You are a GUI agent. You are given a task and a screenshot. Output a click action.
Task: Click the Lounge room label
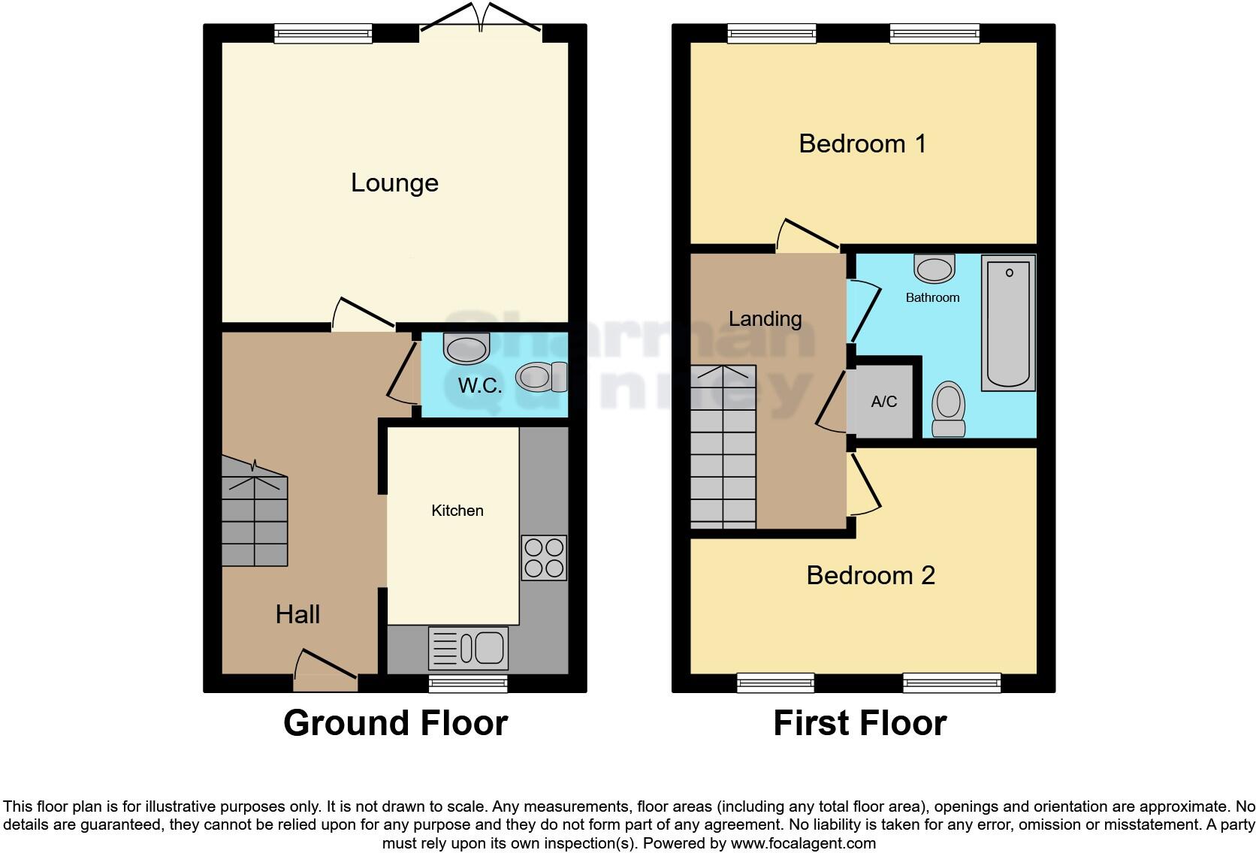[x=394, y=183]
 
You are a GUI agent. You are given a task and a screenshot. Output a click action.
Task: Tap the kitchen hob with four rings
[x=544, y=557]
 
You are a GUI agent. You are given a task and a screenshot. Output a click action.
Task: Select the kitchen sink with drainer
[x=468, y=648]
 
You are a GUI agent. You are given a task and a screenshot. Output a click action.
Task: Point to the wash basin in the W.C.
[x=466, y=348]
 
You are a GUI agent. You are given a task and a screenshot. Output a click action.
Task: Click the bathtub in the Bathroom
[x=1009, y=322]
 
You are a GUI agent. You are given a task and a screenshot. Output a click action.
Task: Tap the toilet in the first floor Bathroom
[x=948, y=408]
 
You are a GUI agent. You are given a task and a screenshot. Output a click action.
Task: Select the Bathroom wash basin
[x=934, y=268]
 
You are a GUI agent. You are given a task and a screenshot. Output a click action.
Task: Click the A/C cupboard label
[x=884, y=402]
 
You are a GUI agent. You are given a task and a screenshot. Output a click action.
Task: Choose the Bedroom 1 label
[x=862, y=143]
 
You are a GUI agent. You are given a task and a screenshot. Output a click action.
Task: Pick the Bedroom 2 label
[x=871, y=575]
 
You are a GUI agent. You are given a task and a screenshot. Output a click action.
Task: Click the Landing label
[x=765, y=319]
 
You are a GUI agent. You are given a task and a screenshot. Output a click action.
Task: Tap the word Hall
[x=297, y=615]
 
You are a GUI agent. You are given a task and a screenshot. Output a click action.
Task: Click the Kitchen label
[x=457, y=511]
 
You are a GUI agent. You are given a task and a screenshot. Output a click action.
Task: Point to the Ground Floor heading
[x=395, y=723]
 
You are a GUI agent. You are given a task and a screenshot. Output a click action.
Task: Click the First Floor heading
[x=859, y=723]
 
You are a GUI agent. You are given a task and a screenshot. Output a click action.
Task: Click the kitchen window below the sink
[x=468, y=683]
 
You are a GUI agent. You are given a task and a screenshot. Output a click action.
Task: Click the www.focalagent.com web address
[x=803, y=843]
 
